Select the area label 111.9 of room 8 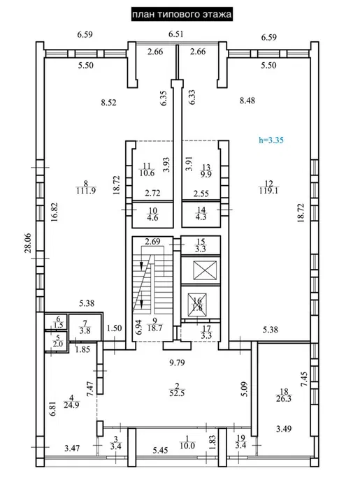tap(85, 189)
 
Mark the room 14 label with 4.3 tap(200, 218)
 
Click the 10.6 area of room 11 tap(147, 174)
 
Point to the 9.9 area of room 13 tap(206, 174)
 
